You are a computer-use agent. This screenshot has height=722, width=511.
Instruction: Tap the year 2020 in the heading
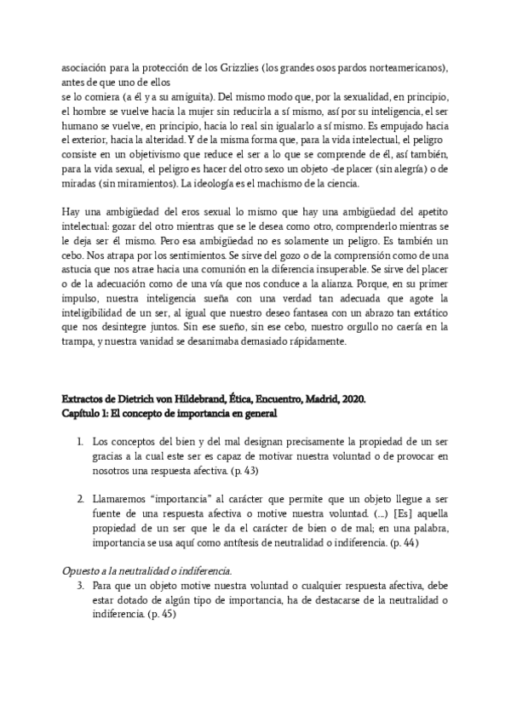(350, 398)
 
